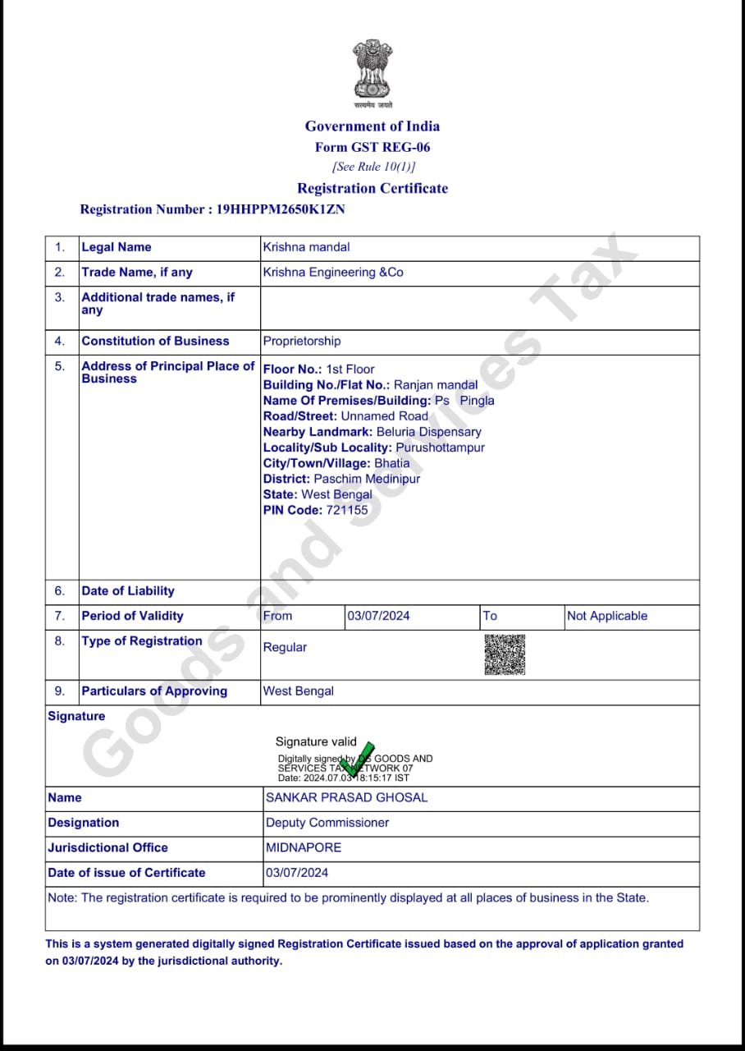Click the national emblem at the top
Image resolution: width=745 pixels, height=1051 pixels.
372,70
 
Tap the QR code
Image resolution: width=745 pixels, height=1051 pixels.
504,654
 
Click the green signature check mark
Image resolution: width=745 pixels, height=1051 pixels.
358,758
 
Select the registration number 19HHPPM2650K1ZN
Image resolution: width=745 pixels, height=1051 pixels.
281,209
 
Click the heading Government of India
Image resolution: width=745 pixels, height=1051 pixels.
372,126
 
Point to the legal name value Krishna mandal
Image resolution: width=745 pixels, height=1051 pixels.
306,247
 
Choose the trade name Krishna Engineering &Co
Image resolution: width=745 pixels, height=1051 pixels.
333,273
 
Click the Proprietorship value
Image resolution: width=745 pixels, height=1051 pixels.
301,342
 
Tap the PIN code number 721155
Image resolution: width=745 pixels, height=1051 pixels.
347,510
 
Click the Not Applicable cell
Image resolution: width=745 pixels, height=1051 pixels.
607,616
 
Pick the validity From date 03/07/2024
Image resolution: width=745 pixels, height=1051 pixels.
378,616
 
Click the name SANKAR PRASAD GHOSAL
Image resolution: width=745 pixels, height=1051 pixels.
346,798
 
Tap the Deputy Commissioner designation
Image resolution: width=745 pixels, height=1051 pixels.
327,823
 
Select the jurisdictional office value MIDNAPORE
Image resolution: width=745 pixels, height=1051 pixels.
304,847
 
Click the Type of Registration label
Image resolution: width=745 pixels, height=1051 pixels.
141,641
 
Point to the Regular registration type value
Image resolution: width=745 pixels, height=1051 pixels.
285,648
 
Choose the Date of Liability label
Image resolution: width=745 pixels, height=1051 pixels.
127,591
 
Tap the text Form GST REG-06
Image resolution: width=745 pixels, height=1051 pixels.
372,148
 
